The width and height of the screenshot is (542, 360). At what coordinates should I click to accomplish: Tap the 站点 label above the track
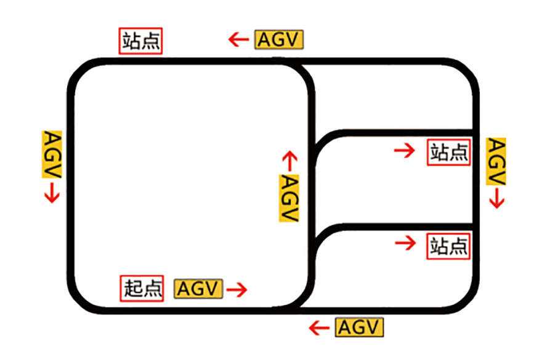[x=141, y=41]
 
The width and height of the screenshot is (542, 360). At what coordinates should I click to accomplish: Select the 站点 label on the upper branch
[x=448, y=152]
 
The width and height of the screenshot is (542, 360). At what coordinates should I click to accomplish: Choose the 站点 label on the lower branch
[x=448, y=246]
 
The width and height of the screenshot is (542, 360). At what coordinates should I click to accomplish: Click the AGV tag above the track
[x=279, y=40]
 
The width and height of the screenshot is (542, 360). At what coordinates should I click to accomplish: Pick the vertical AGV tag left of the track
[x=52, y=154]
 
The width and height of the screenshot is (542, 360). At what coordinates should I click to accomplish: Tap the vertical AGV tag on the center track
[x=288, y=198]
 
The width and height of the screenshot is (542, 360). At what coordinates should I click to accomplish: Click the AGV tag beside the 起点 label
[x=198, y=288]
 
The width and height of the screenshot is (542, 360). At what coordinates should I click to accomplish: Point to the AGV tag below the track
[x=359, y=327]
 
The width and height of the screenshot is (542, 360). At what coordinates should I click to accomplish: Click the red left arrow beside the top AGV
[x=238, y=41]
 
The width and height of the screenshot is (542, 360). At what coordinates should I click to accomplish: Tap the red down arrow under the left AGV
[x=52, y=194]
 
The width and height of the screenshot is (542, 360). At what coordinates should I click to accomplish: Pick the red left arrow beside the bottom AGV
[x=318, y=327]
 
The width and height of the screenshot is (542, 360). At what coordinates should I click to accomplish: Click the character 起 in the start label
[x=133, y=288]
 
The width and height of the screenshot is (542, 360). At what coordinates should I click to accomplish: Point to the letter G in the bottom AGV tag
[x=359, y=327]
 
